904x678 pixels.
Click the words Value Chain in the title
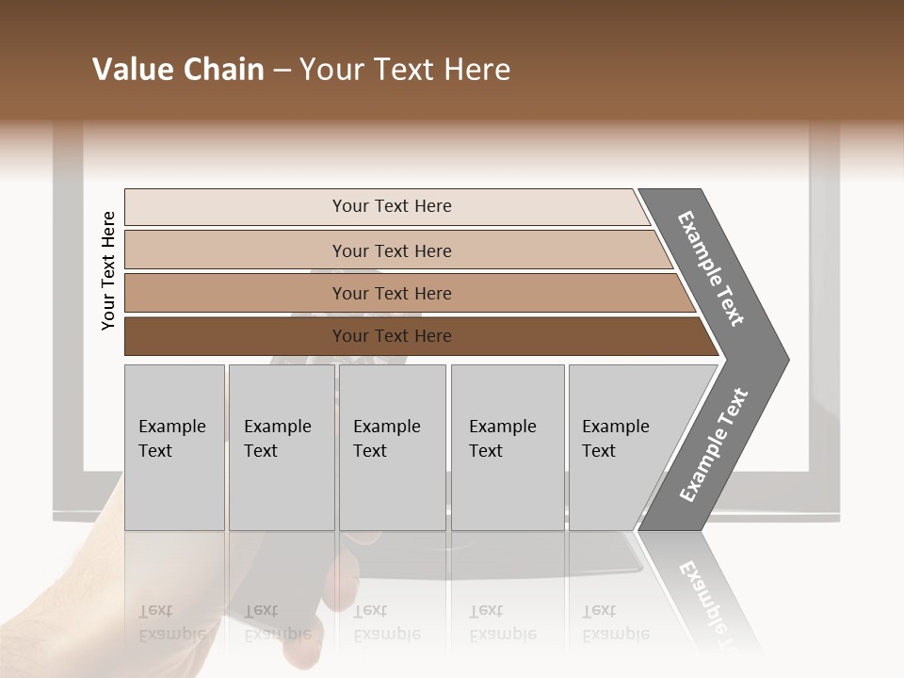click(178, 70)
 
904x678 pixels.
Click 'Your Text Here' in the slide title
click(405, 70)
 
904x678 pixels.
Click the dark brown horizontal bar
click(235, 336)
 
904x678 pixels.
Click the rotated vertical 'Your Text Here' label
click(108, 270)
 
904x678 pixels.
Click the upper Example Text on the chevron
click(711, 268)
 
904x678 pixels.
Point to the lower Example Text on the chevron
click(714, 445)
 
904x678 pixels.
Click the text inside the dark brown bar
click(392, 336)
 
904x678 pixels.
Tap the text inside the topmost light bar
click(392, 206)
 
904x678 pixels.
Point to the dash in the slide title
click(282, 71)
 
